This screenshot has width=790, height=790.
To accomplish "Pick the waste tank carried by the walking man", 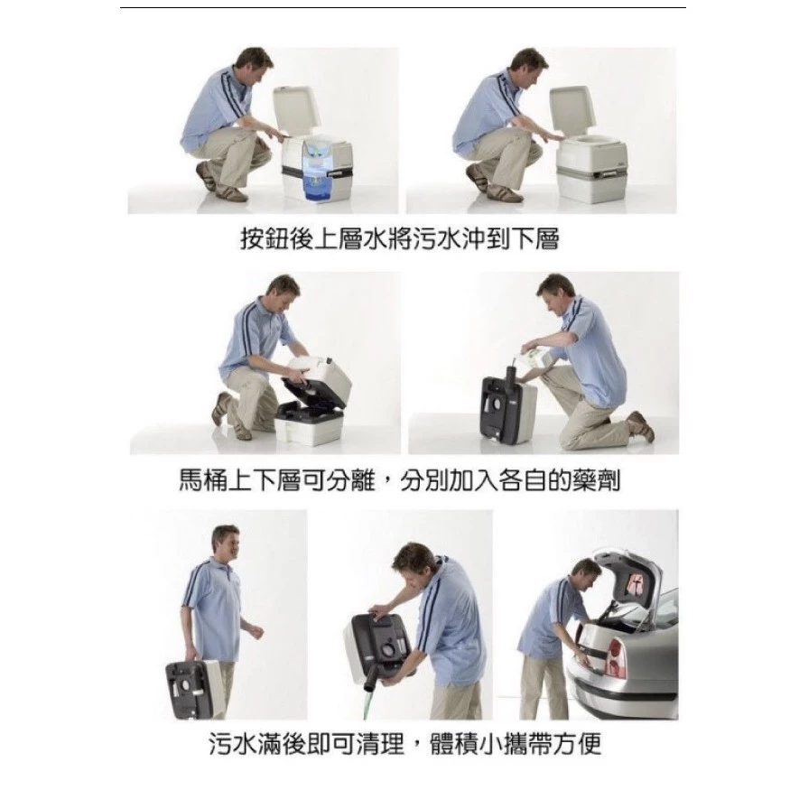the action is (x=192, y=688).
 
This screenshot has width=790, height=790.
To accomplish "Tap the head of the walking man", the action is (x=226, y=541).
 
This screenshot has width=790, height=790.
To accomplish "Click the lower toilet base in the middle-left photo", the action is (x=310, y=423).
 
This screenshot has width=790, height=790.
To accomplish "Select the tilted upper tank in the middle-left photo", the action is (x=315, y=378).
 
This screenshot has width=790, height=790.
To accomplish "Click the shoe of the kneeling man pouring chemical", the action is (x=643, y=425).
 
